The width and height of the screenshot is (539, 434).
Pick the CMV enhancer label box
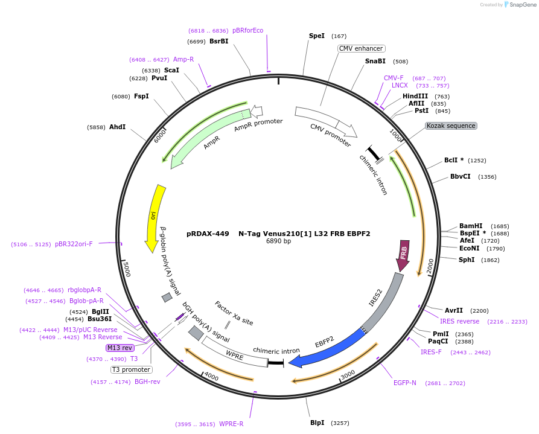361,48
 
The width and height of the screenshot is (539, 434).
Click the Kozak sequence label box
451,126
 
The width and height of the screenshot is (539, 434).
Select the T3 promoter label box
131,369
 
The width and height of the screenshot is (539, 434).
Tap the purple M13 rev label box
120,348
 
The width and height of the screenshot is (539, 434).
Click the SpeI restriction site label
317,36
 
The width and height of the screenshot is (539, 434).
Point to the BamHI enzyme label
471,226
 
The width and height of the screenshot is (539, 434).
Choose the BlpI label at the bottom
317,423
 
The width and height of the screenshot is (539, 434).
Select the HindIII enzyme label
415,96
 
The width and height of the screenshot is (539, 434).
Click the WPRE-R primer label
231,424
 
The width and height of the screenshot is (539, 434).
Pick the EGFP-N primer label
405,383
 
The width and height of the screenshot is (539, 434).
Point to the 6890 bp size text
278,241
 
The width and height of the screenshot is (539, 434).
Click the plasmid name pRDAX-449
208,233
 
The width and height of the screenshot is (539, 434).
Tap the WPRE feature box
234,355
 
